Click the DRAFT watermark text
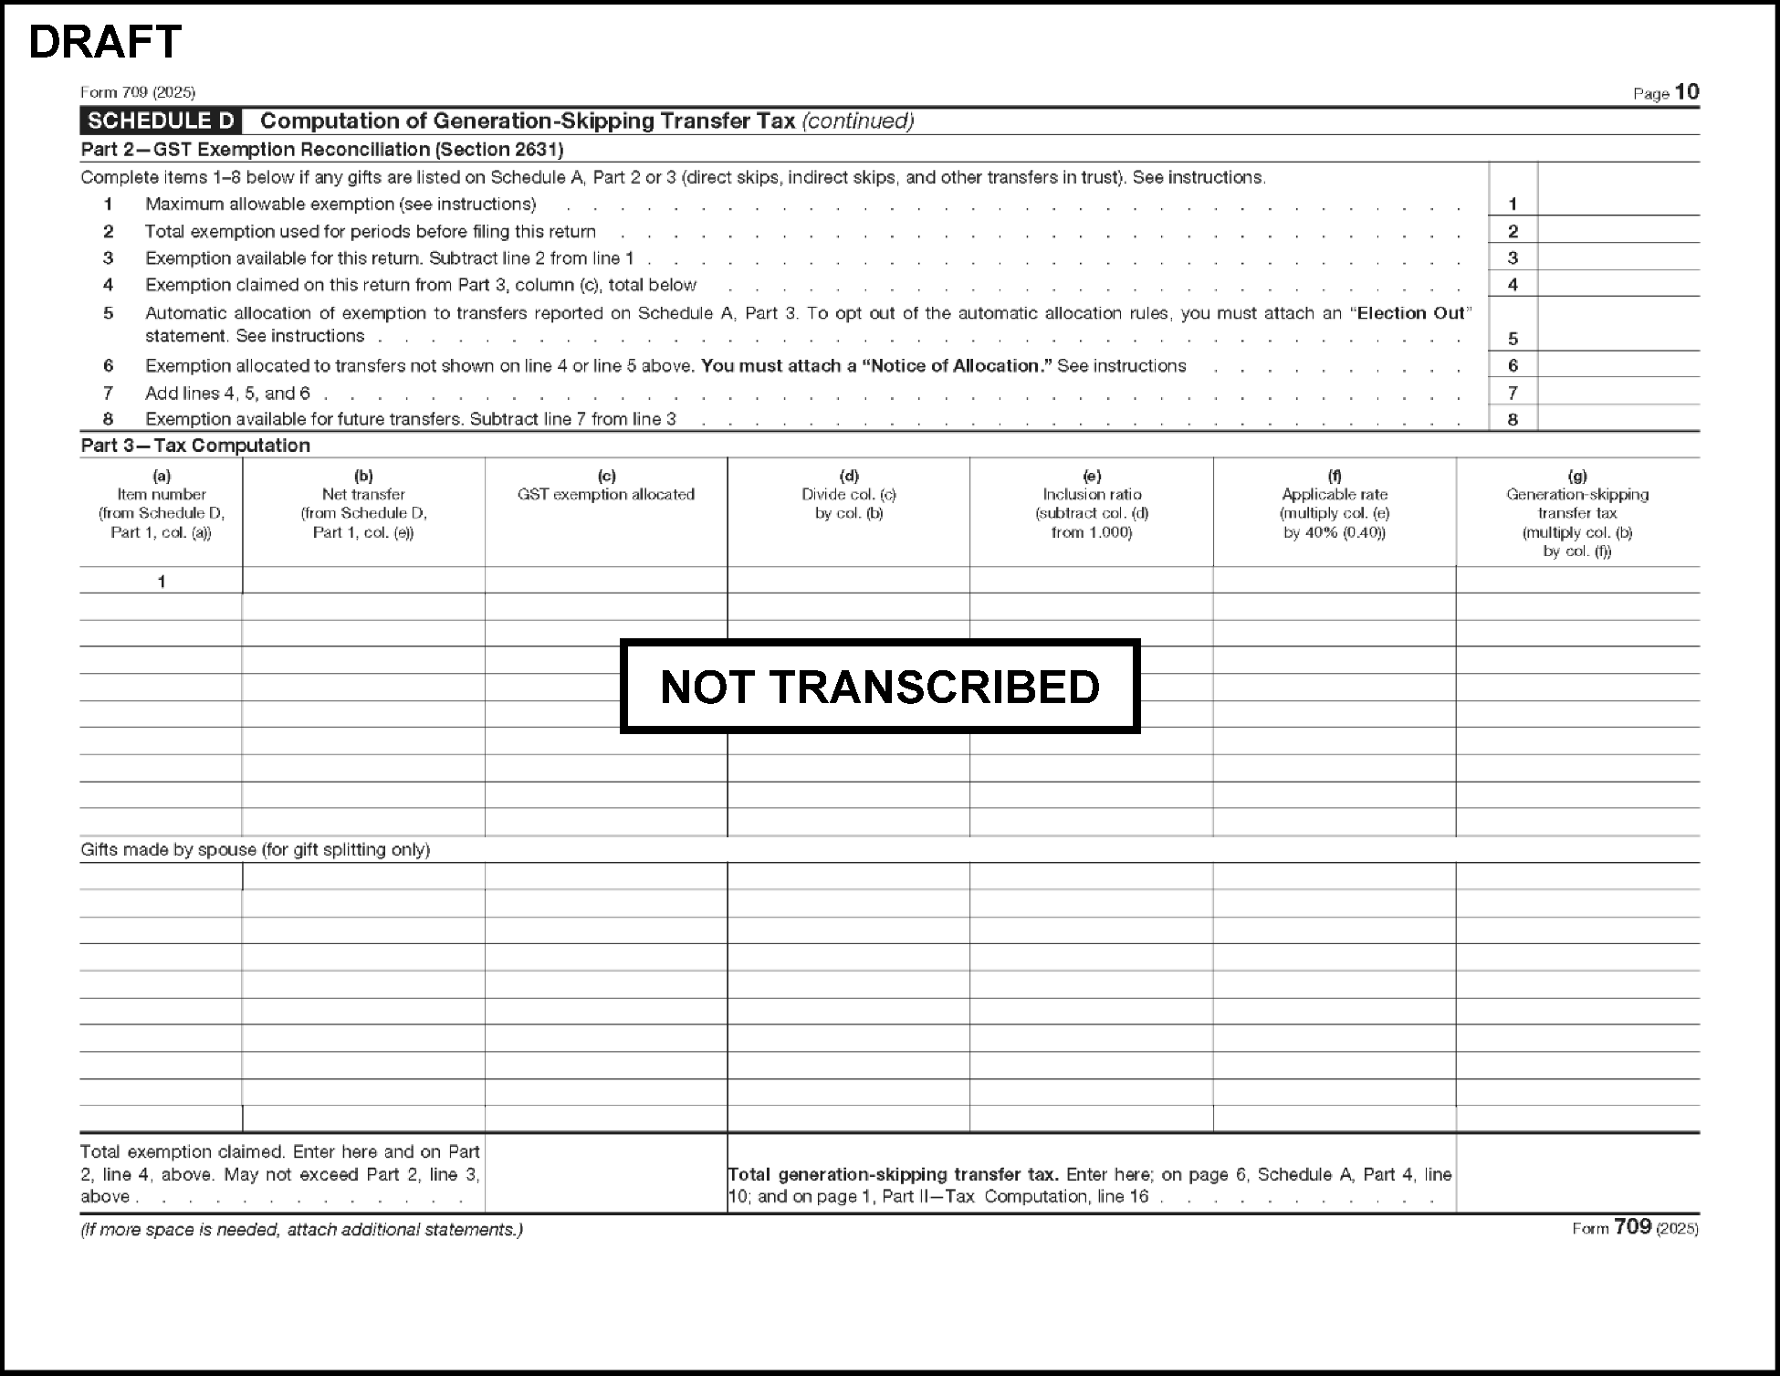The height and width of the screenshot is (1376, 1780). (105, 42)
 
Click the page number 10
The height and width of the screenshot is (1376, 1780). (1687, 92)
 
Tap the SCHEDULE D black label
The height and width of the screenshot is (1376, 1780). (161, 121)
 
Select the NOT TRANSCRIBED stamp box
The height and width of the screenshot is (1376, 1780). (879, 687)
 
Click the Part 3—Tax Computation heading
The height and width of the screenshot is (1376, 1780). (195, 446)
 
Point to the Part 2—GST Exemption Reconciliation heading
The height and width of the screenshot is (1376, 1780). (321, 150)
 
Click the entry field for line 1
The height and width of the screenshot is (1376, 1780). (1618, 203)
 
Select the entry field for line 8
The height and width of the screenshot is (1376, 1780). (1618, 419)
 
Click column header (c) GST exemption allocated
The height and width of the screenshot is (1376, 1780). (606, 494)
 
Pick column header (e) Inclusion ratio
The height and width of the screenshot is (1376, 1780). (1092, 503)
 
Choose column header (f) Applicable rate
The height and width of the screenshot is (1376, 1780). (1334, 503)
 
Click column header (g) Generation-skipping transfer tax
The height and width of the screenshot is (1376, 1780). (1577, 513)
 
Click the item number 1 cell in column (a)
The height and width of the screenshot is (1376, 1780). (162, 581)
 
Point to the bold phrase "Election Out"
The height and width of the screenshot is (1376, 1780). (1410, 313)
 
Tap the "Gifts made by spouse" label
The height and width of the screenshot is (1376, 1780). (255, 850)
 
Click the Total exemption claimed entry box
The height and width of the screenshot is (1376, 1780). (605, 1174)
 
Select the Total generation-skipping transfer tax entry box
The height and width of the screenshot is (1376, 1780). (1577, 1174)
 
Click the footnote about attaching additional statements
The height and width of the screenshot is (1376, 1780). (301, 1230)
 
